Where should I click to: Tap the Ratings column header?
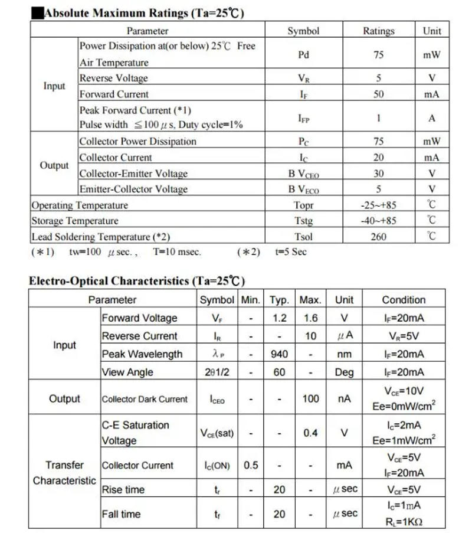click(x=378, y=31)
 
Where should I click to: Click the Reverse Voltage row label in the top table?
click(x=114, y=78)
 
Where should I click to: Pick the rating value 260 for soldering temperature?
click(x=378, y=237)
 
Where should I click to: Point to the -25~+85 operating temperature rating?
click(x=378, y=205)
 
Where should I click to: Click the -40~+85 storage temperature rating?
click(x=378, y=221)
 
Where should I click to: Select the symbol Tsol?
click(x=303, y=237)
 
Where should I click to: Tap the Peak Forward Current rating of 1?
click(x=378, y=117)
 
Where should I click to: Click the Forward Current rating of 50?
click(x=378, y=94)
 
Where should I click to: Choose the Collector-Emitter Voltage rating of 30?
click(x=378, y=174)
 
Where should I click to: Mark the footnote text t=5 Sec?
click(x=291, y=252)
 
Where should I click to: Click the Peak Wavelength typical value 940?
click(x=279, y=354)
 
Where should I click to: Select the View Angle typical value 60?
click(x=279, y=372)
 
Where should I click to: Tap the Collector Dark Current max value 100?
click(x=310, y=399)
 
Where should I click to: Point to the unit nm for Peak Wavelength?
click(x=344, y=354)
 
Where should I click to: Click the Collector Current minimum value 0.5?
click(x=251, y=465)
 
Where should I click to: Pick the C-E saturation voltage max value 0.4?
click(x=310, y=433)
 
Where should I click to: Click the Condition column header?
click(x=404, y=300)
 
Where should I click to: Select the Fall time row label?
click(x=122, y=514)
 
